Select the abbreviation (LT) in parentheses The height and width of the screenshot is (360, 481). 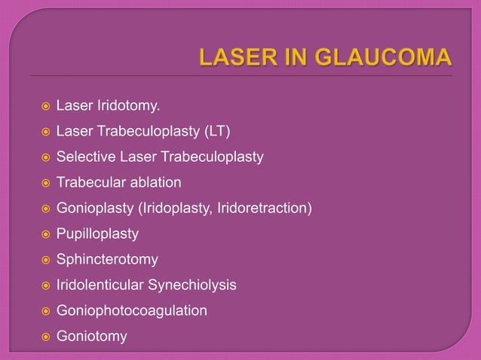click(x=214, y=133)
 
